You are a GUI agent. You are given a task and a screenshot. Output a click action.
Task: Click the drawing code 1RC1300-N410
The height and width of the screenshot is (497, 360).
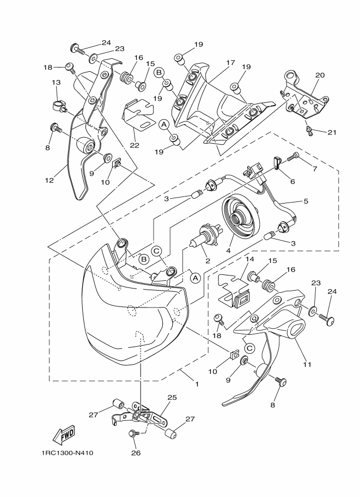click(67, 453)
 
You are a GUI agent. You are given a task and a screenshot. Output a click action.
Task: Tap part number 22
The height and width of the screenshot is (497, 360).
click(135, 145)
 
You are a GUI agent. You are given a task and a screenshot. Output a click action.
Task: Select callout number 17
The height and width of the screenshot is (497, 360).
click(230, 63)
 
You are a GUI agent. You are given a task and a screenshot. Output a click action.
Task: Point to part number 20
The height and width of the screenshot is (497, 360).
click(320, 75)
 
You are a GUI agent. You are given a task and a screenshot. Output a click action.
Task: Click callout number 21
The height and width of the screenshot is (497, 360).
click(332, 132)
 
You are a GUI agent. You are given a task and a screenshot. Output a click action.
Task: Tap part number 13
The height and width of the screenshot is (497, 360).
click(56, 82)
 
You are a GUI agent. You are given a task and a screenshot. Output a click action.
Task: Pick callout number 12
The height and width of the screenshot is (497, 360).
click(49, 181)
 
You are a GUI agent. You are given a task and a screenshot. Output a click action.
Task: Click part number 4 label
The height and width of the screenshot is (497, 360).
click(228, 250)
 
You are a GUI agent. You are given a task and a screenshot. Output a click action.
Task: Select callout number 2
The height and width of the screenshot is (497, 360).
click(208, 261)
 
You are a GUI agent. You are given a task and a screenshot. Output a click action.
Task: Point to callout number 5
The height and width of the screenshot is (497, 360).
click(306, 201)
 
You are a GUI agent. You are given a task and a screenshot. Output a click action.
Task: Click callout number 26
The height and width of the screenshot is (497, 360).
click(136, 453)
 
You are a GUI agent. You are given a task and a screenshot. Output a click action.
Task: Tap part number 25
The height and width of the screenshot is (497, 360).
click(172, 397)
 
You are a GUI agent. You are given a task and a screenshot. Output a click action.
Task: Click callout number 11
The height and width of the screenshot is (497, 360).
click(307, 365)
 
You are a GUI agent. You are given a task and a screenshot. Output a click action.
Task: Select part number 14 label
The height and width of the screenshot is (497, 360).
click(249, 259)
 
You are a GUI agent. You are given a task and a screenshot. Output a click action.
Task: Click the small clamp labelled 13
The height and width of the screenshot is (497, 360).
click(59, 106)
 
